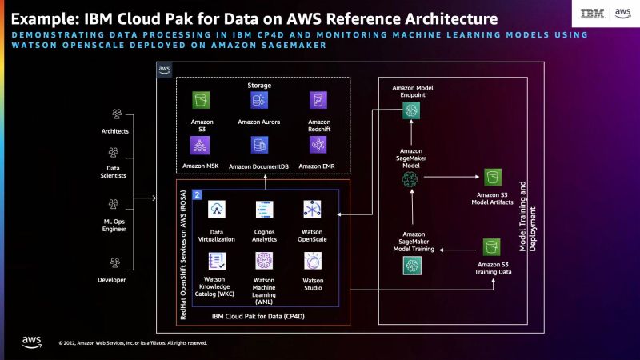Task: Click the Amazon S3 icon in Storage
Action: pyautogui.click(x=202, y=100)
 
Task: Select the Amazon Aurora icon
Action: pyautogui.click(x=259, y=100)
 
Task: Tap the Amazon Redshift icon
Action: pyautogui.click(x=318, y=100)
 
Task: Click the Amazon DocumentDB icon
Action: pyautogui.click(x=259, y=145)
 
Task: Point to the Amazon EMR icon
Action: pyautogui.click(x=318, y=145)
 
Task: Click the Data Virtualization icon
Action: pyautogui.click(x=217, y=209)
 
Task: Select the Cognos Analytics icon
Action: pyautogui.click(x=265, y=210)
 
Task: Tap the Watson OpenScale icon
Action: pyautogui.click(x=313, y=209)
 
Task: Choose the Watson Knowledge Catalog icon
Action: pyautogui.click(x=217, y=261)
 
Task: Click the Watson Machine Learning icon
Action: pyautogui.click(x=265, y=261)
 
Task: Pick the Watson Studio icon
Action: pyautogui.click(x=313, y=261)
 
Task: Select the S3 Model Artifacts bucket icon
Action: pyautogui.click(x=492, y=177)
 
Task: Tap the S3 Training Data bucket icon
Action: pyautogui.click(x=492, y=246)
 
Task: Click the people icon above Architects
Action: pyautogui.click(x=118, y=114)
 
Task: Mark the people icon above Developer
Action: pyautogui.click(x=118, y=261)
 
